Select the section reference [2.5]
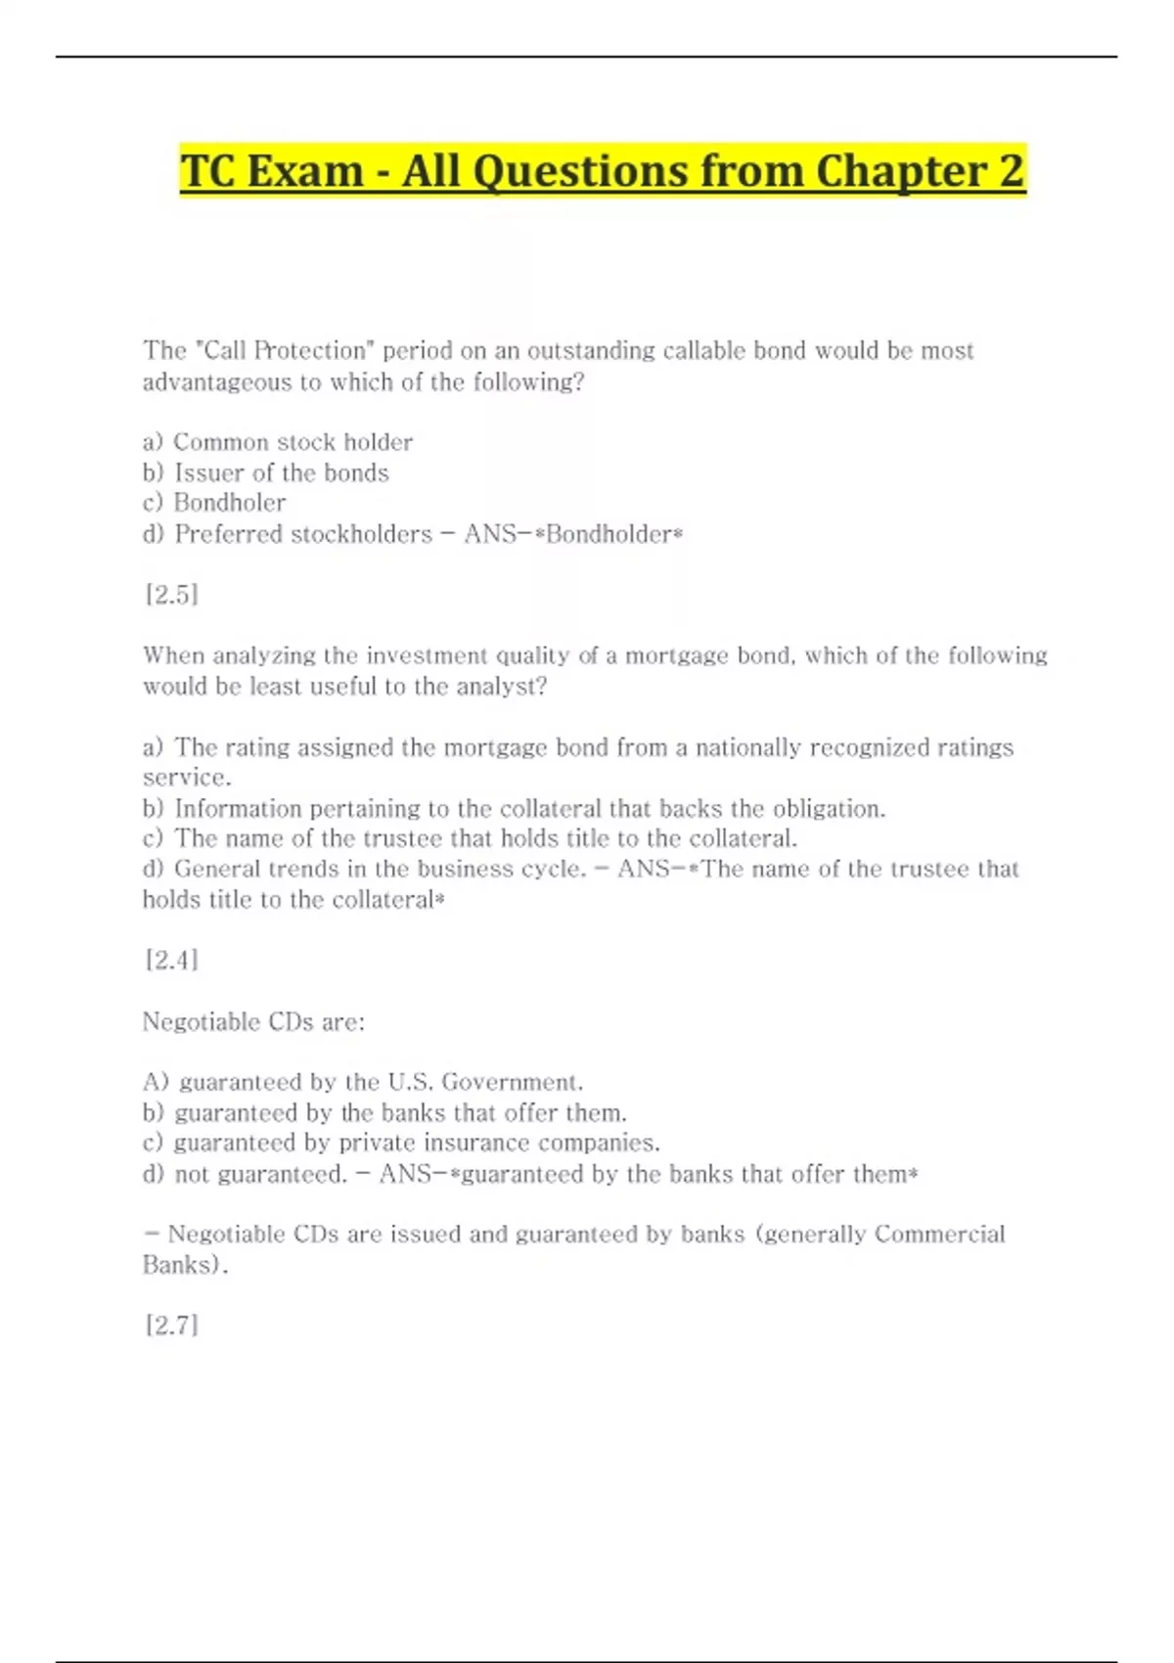[171, 594]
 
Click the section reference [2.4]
[171, 960]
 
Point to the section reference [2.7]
[171, 1326]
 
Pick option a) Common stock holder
[278, 442]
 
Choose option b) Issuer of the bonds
[266, 473]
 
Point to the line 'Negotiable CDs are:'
[253, 1022]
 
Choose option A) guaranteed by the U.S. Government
[363, 1082]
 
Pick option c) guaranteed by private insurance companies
[401, 1143]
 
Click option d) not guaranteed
[245, 1174]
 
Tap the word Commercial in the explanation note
[939, 1235]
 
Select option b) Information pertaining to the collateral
[515, 809]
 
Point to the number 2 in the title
[1011, 171]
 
